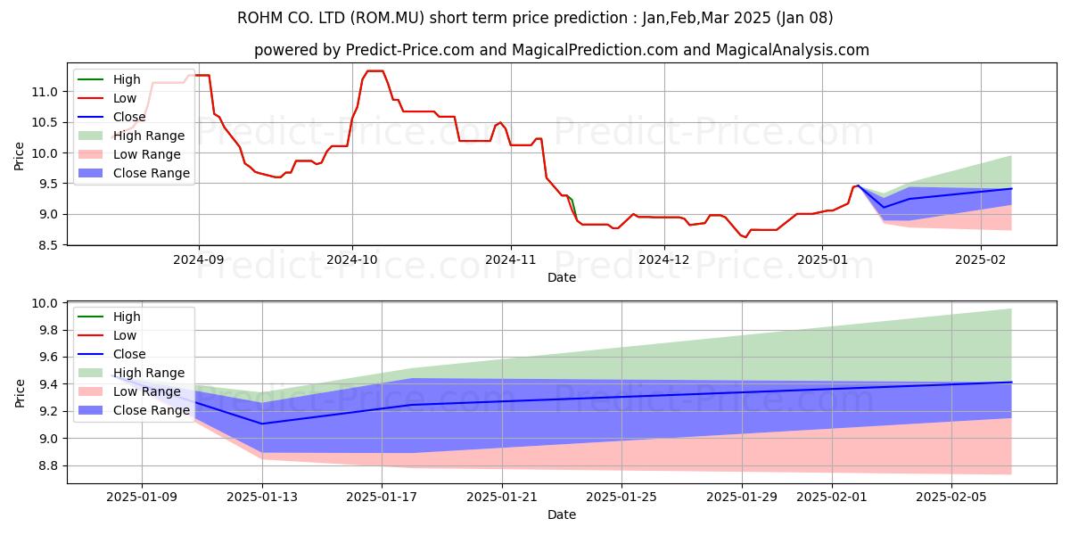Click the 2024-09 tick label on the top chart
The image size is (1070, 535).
pos(198,259)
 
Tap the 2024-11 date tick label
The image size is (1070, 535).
pos(511,259)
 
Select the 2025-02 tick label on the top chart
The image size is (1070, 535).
pos(981,259)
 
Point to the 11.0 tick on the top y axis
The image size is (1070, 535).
pos(45,92)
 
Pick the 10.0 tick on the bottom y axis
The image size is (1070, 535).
pos(45,304)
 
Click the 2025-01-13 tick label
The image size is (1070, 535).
pos(262,497)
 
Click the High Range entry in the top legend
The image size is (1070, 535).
pos(149,136)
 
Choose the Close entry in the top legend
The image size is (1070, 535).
pos(130,117)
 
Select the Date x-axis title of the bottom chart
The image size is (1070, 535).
pos(562,514)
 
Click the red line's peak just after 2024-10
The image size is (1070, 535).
pos(374,71)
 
